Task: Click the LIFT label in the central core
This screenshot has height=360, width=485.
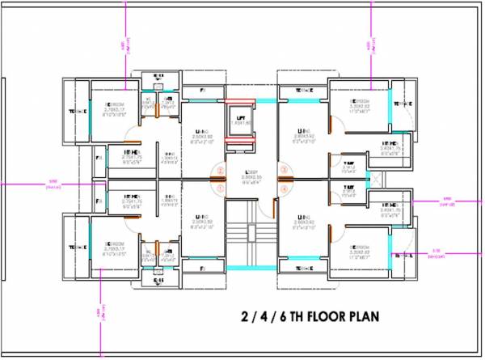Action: [x=239, y=118]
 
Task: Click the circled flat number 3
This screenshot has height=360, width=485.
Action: [x=284, y=171]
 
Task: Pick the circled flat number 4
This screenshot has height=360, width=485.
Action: [x=284, y=189]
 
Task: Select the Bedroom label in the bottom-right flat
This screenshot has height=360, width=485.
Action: [x=360, y=247]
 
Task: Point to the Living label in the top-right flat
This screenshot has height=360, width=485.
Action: [x=304, y=130]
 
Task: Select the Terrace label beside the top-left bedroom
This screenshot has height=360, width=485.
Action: [x=77, y=112]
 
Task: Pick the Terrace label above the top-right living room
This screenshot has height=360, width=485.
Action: [x=297, y=91]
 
